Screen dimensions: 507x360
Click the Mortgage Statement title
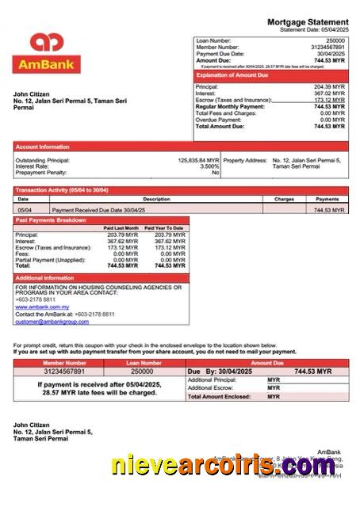pos(307,21)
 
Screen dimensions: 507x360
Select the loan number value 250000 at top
pos(335,40)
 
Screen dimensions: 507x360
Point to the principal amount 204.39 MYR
pos(329,86)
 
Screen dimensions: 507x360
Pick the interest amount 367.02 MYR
pos(329,93)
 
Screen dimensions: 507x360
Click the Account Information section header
pos(42,147)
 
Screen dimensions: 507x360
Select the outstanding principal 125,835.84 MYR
pos(198,160)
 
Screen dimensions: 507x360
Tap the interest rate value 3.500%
pos(209,166)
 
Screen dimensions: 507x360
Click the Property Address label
pos(245,160)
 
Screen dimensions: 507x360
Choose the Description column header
pos(156,199)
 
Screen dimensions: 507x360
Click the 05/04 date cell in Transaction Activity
pos(25,210)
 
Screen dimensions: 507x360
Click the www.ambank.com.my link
pos(42,307)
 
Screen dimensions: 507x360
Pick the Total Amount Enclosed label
pos(218,396)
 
